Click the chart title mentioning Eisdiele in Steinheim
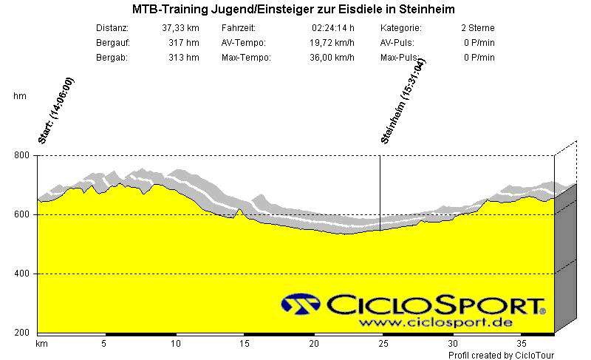click(293, 10)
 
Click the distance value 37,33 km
click(180, 28)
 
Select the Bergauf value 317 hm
click(184, 43)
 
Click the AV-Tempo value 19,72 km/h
click(330, 43)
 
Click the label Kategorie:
click(401, 28)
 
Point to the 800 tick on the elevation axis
click(21, 155)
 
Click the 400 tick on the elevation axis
click(21, 274)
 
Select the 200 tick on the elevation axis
click(21, 333)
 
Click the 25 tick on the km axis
click(383, 344)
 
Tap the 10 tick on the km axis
click(175, 344)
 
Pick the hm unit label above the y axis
click(20, 96)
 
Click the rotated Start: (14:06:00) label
click(55, 109)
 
